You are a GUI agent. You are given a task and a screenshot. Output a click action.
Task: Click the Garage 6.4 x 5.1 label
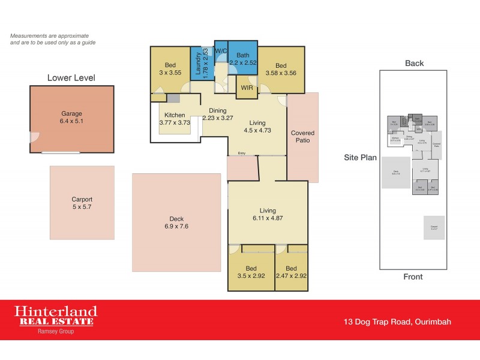[x=71, y=118]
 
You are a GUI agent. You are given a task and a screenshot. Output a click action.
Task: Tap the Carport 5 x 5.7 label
[x=82, y=203]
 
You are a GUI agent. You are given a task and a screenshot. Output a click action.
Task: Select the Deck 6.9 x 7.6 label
[x=176, y=223]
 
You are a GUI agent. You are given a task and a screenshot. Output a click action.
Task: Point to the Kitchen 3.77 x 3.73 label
[x=175, y=118]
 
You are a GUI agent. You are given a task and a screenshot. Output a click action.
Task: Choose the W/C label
[x=220, y=51]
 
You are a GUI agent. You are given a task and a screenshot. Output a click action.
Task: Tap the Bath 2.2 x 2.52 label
[x=243, y=58]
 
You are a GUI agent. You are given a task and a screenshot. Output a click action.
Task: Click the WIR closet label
[x=247, y=88]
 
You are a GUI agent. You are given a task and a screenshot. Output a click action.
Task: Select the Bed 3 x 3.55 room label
[x=170, y=70]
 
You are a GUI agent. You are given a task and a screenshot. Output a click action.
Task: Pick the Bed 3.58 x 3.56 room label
[x=281, y=70]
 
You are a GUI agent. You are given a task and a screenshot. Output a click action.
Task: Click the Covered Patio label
[x=302, y=137]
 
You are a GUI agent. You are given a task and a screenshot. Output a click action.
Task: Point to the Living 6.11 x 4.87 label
[x=268, y=214]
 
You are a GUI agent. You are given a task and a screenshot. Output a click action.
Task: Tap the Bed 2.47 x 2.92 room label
[x=291, y=272]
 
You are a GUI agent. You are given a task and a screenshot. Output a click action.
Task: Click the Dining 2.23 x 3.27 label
[x=217, y=114]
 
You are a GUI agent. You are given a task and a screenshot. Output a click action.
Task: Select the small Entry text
[x=241, y=154]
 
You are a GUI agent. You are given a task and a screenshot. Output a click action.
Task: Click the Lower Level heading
[x=71, y=77]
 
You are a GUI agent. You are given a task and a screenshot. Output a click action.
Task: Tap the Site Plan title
[x=360, y=158]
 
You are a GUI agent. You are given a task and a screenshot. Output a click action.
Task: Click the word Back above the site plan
[x=414, y=63]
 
